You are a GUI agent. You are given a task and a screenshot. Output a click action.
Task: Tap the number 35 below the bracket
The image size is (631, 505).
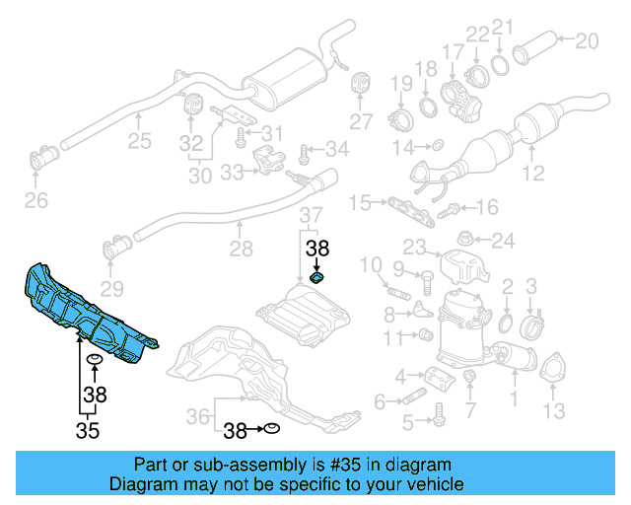click(90, 430)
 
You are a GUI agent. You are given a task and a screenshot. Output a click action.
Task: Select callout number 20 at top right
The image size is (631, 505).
click(586, 40)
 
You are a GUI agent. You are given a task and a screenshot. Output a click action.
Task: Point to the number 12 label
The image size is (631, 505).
click(533, 175)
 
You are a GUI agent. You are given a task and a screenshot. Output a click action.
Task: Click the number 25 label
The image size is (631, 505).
click(139, 141)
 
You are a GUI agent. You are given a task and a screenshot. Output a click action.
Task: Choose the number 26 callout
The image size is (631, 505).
click(35, 202)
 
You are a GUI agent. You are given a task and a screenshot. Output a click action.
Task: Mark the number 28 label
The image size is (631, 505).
click(241, 251)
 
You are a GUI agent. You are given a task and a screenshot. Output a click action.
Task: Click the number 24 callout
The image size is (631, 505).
click(503, 240)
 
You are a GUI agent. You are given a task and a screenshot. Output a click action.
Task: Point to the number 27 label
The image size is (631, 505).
click(362, 122)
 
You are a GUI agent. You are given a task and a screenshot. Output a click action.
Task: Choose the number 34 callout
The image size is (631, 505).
click(336, 150)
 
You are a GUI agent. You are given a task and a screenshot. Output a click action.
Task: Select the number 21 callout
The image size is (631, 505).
click(502, 27)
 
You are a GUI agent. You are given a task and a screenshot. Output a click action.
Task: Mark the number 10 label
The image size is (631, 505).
click(370, 264)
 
